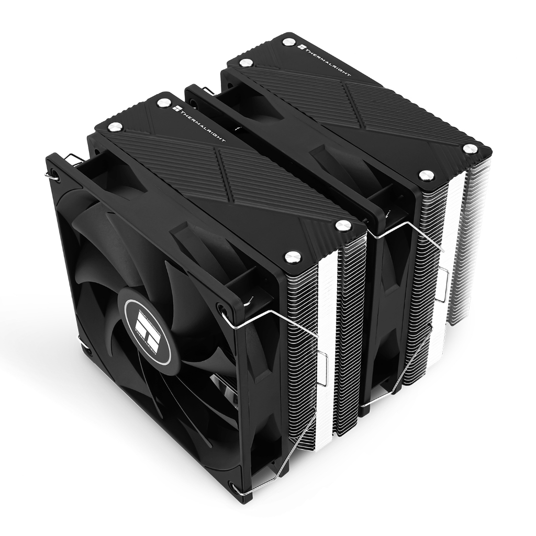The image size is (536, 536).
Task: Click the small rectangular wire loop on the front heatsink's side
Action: coord(322,361)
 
